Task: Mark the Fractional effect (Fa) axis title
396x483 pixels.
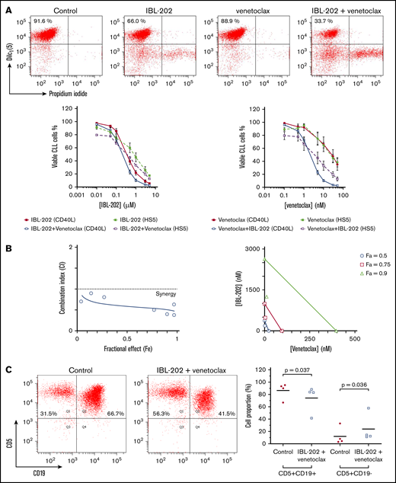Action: pyautogui.click(x=127, y=352)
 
